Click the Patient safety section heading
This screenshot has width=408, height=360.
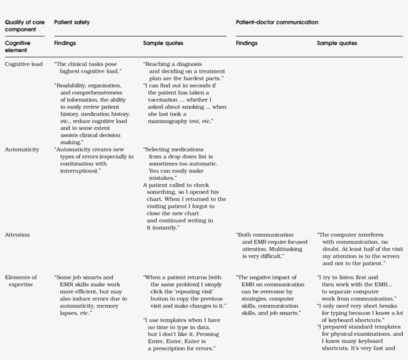tap(72, 22)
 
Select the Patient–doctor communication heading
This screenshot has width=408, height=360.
tap(277, 22)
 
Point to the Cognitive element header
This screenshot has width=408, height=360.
tap(17, 46)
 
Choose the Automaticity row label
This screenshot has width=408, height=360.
tap(22, 149)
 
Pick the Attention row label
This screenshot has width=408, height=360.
tap(16, 234)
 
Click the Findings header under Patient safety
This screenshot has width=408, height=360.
tap(65, 43)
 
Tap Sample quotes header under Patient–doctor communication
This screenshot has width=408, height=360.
tap(337, 43)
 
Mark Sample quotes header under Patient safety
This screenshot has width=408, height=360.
tap(163, 43)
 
